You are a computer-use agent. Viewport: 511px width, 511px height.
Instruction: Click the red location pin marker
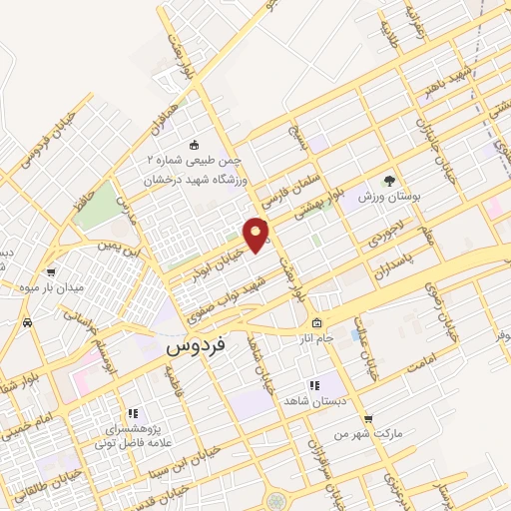(x=256, y=235)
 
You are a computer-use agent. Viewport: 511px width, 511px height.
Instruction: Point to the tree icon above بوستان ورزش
(x=390, y=182)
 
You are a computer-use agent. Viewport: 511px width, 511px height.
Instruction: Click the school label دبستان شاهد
(x=314, y=399)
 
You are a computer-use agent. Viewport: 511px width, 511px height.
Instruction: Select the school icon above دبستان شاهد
(x=313, y=384)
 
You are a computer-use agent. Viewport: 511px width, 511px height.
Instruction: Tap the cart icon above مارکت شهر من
(x=368, y=419)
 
